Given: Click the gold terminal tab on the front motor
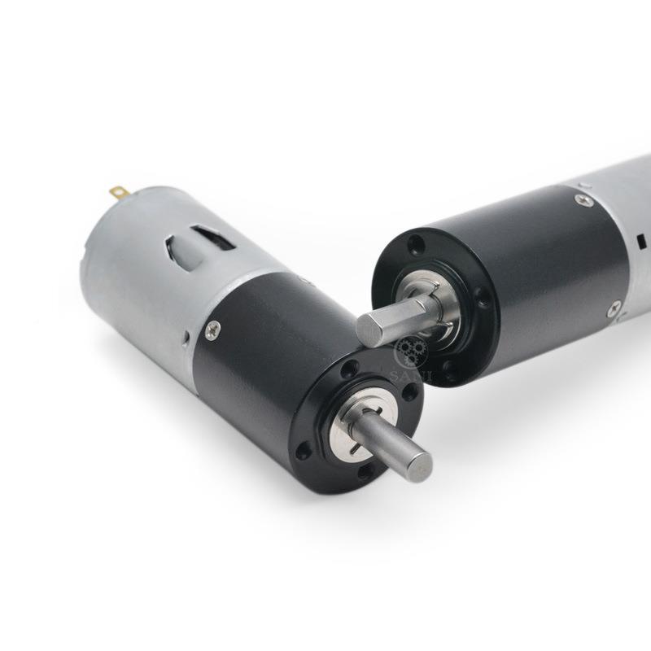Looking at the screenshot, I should coord(120,193).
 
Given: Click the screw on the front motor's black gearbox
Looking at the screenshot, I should coord(212,329).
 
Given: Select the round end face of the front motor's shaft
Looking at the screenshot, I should coord(419,465).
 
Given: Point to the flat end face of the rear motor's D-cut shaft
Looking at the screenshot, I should coord(367,328).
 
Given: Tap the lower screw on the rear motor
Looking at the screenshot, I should coord(614,308).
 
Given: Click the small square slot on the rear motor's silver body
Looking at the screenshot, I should coord(642,241).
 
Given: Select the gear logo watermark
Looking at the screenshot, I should coord(410,352).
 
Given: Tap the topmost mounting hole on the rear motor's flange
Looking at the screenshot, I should coord(415,242).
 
